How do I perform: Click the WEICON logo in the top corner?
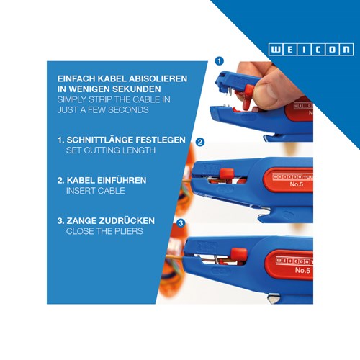click(311, 49)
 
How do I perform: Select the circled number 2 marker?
click(199, 143)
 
